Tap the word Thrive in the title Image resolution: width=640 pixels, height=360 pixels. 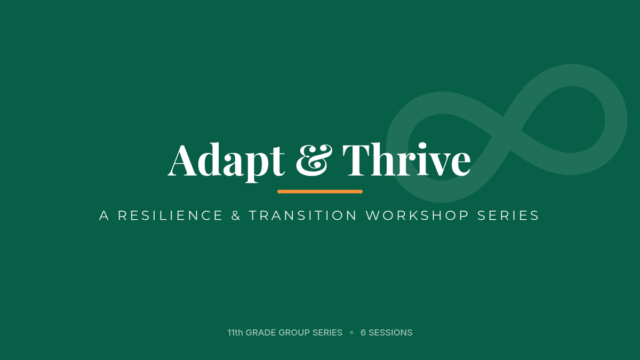click(x=406, y=159)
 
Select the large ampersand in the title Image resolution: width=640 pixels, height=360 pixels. click(x=314, y=160)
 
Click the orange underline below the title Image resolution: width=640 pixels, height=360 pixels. click(x=320, y=191)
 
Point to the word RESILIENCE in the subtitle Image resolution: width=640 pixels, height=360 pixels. click(x=170, y=215)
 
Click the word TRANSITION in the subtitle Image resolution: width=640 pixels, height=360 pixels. click(x=303, y=215)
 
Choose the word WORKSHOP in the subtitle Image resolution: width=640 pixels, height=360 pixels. click(x=418, y=215)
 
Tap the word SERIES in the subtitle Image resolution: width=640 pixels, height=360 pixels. click(x=508, y=215)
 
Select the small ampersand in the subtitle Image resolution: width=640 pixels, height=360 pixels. click(x=236, y=215)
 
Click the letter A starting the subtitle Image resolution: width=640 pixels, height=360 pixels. click(x=105, y=215)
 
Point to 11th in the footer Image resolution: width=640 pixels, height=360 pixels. click(x=235, y=333)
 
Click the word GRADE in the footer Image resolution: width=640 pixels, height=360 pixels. click(x=261, y=333)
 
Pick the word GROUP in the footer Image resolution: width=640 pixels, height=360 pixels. click(x=294, y=333)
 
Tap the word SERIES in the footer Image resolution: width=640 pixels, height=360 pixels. click(x=327, y=333)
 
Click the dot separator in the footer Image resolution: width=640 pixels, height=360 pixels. click(x=351, y=333)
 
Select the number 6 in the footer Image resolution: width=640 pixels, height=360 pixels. click(x=363, y=333)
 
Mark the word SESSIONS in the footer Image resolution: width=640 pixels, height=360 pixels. click(x=390, y=333)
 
